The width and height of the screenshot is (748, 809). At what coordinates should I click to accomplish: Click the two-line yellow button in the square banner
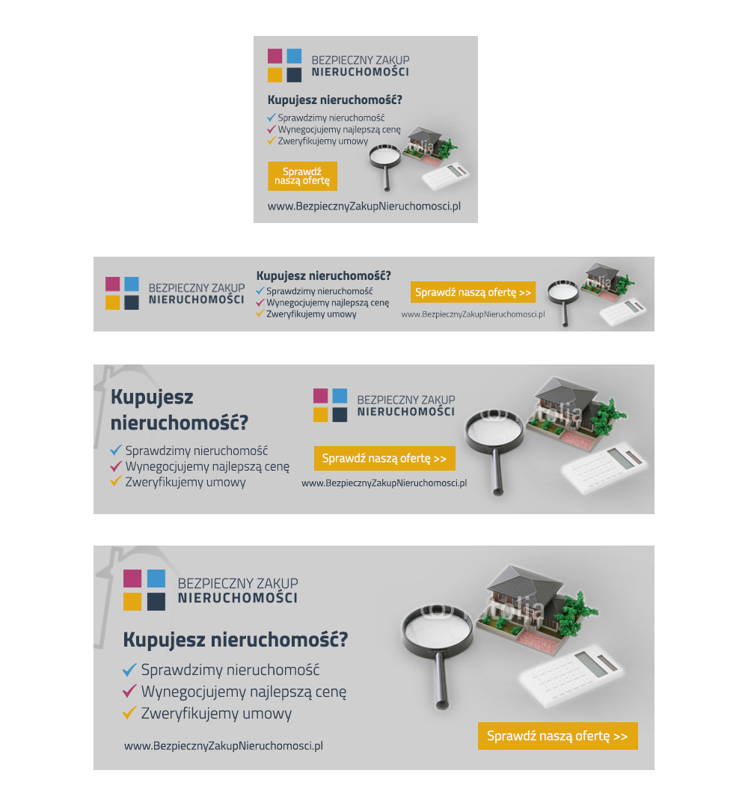click(302, 176)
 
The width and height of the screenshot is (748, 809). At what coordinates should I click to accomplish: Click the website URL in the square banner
click(364, 207)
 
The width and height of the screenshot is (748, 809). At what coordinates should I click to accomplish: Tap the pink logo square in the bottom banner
click(132, 578)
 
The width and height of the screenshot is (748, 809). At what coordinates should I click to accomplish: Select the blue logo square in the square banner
click(294, 55)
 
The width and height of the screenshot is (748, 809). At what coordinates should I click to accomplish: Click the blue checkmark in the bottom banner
click(129, 670)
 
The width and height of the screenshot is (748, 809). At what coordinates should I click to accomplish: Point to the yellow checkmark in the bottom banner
click(129, 712)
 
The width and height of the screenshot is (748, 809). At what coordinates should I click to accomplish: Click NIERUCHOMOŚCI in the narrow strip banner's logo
click(197, 300)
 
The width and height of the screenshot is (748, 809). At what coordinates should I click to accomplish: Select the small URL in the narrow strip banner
click(473, 314)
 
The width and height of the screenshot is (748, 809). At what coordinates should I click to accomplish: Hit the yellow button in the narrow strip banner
click(473, 292)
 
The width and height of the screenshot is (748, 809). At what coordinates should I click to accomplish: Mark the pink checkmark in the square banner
click(272, 129)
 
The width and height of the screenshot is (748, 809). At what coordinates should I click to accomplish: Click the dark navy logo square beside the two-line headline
click(340, 415)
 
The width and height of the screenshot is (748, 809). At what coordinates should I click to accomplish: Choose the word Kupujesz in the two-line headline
click(152, 398)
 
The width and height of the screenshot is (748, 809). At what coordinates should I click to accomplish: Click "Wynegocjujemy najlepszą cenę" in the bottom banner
click(244, 692)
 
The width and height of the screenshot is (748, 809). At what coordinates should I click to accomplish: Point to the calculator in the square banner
click(446, 177)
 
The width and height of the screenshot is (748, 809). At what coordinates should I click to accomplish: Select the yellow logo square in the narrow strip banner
click(113, 302)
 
